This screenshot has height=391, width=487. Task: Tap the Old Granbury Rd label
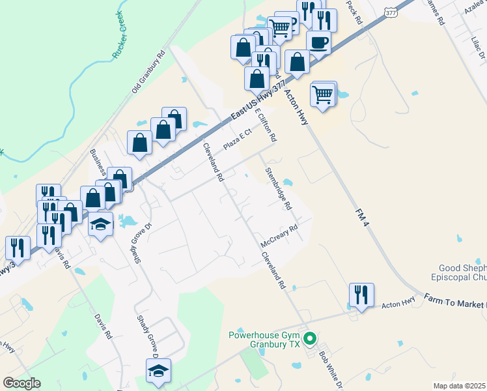pos(149,70)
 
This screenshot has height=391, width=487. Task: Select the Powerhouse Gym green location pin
pos(311,338)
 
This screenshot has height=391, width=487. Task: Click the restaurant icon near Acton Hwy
pos(360,295)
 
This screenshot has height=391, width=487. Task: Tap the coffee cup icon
pos(318,42)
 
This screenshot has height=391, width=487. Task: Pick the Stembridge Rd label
pos(278,188)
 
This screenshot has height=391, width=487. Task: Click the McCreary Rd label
pos(279,236)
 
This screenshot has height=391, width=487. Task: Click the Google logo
pos(21,383)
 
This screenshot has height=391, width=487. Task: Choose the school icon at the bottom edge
pos(158,371)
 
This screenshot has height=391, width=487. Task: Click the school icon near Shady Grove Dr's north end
pos(100,224)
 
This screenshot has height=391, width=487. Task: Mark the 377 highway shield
pos(391,12)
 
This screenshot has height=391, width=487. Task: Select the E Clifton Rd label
pos(267,126)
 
